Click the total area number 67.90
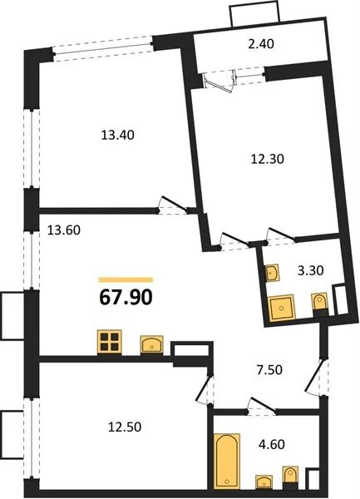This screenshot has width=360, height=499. coord(126,298)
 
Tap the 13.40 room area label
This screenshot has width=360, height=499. coord(118,136)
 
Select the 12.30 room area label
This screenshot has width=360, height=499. coord(268,159)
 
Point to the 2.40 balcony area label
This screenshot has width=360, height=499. coord(261,44)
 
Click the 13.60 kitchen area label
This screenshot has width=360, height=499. coord(64,230)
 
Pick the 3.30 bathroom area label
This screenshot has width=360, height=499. coord(310,270)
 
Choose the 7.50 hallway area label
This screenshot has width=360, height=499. coord(269,370)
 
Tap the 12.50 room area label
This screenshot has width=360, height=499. coord(125,427)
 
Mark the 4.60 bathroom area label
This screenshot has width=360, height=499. coord(272,444)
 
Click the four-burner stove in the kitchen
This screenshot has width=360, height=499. coord(110,342)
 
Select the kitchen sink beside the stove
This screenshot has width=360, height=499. coord(151,344)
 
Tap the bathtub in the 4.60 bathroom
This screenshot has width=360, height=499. coord(227,461)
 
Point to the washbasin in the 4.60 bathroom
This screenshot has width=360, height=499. coord(264,482)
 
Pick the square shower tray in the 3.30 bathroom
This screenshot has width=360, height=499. coord(282,308)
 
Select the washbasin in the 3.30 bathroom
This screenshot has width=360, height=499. coord(273,273)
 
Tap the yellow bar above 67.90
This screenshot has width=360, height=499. coord(126,280)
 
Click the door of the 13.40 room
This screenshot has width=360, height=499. coord(173,205)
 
